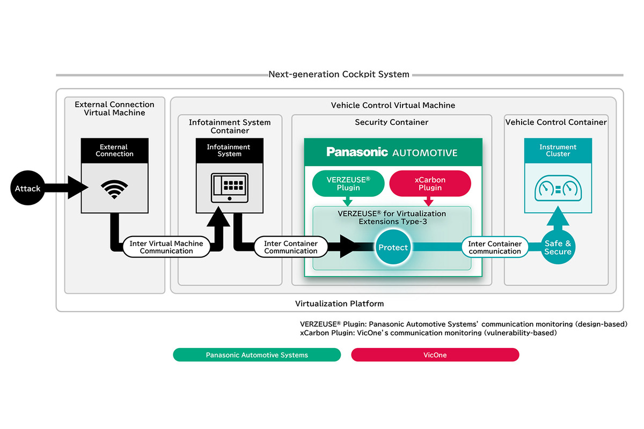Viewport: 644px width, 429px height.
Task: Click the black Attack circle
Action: click(27, 189)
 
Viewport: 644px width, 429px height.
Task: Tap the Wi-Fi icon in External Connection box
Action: click(114, 189)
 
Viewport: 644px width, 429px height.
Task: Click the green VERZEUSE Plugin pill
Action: click(348, 183)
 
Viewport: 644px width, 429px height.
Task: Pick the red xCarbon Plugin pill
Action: click(429, 183)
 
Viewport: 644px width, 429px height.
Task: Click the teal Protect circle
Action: click(393, 247)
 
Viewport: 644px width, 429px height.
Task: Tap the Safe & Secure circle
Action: click(558, 247)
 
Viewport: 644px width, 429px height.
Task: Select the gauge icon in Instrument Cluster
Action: click(558, 189)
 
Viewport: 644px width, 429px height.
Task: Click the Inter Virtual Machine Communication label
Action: click(166, 247)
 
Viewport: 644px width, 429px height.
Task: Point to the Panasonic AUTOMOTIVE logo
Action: click(392, 152)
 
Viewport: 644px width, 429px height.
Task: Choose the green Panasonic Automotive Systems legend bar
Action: click(257, 355)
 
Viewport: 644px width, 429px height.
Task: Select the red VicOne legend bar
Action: click(435, 355)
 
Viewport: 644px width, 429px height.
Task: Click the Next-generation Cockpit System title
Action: click(339, 75)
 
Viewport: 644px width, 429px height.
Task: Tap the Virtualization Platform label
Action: click(339, 304)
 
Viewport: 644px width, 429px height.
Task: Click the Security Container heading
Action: click(391, 122)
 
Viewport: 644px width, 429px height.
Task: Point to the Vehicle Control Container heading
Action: click(556, 122)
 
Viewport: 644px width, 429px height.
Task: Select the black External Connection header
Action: click(114, 150)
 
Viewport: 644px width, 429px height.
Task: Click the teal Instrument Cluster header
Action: click(558, 150)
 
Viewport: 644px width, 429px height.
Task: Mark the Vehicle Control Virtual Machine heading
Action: click(393, 105)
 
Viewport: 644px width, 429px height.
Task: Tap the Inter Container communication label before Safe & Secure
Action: click(494, 247)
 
